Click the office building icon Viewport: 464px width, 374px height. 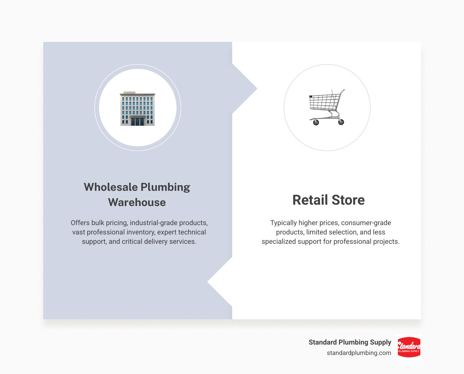[x=137, y=108]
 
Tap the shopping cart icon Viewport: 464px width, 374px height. [x=327, y=107]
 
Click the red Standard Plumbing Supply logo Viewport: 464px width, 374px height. [x=409, y=347]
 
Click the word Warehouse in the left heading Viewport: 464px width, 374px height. [x=137, y=202]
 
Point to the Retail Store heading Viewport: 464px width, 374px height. [x=328, y=200]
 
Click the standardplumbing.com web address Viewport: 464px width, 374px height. [x=359, y=353]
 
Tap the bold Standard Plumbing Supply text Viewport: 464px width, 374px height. [x=350, y=342]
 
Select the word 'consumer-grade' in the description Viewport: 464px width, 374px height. [x=366, y=223]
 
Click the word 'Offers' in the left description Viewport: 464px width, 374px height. [x=80, y=223]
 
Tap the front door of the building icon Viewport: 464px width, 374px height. [x=137, y=121]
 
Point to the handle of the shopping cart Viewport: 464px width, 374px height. [x=342, y=91]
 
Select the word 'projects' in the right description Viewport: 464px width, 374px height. [x=386, y=241]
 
